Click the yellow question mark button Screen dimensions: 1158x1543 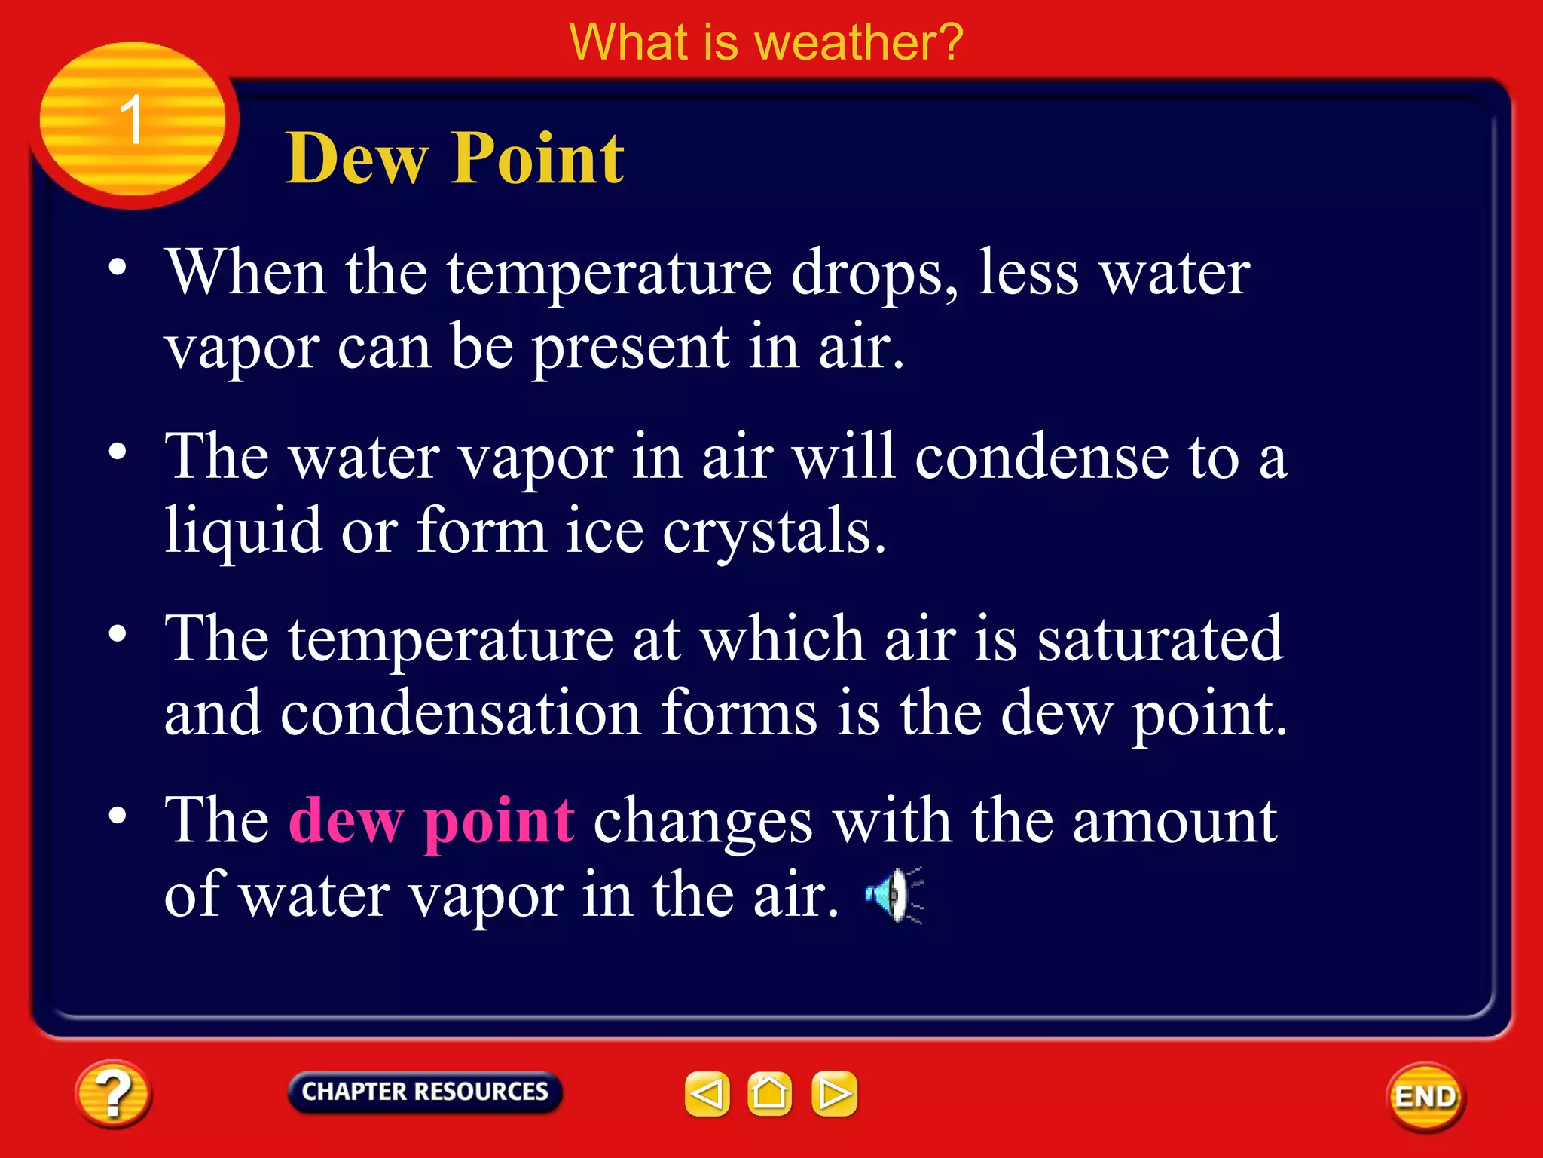(x=113, y=1094)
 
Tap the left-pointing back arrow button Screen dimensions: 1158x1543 (x=707, y=1093)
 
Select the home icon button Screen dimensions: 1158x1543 (x=769, y=1093)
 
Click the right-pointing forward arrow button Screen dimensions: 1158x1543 (x=834, y=1093)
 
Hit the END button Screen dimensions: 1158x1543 (x=1425, y=1096)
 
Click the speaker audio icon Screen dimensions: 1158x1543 (x=894, y=895)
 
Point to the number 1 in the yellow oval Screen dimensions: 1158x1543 (x=131, y=120)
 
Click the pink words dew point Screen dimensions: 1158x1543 (x=432, y=820)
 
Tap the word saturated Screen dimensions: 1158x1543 (x=1160, y=639)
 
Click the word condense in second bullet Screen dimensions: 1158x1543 (x=1041, y=457)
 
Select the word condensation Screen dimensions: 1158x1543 (x=460, y=712)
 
